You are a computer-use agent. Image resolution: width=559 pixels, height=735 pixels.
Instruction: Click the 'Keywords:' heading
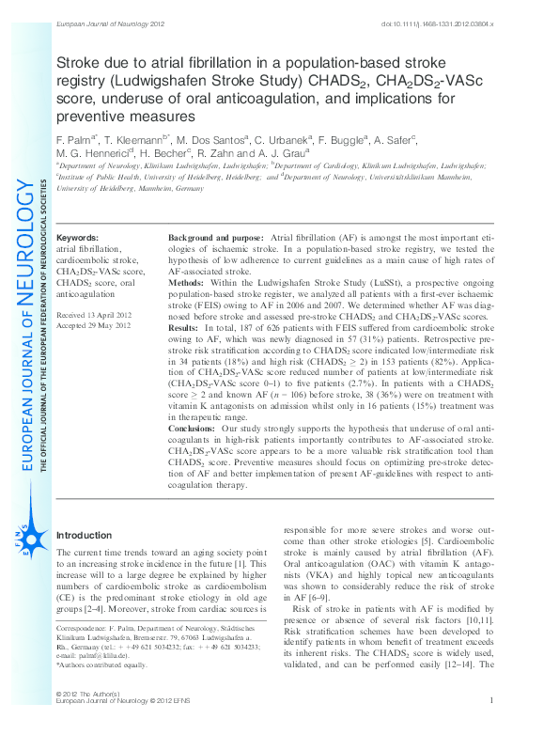[x=77, y=239]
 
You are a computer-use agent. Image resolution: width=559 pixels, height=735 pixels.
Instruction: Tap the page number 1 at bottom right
[x=491, y=727]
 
